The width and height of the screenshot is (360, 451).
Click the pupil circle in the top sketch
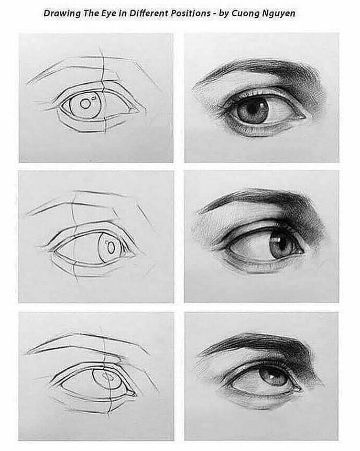click(84, 104)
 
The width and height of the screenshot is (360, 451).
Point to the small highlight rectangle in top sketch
click(94, 98)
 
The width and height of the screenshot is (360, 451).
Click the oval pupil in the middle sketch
click(111, 248)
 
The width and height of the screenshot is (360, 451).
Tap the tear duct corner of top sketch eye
click(133, 111)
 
